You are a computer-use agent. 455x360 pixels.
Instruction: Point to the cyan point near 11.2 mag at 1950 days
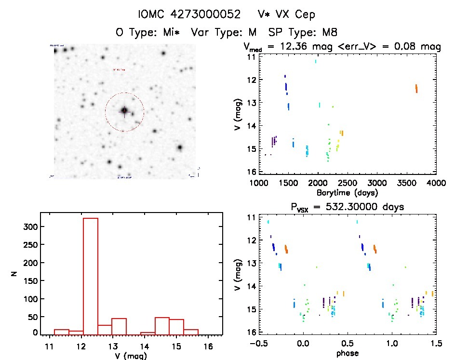tap(316, 61)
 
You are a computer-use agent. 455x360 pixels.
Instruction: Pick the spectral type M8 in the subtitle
tap(327, 32)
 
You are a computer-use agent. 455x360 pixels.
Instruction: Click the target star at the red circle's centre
tap(124, 111)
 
